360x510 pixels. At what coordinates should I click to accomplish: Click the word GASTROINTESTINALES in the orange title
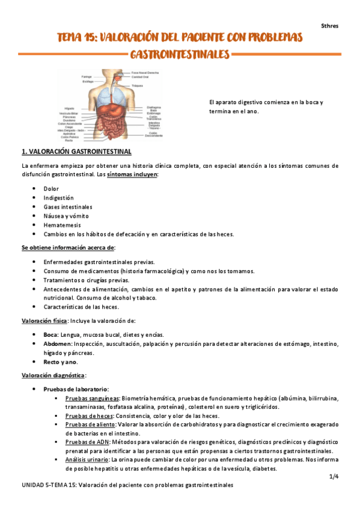[180, 55]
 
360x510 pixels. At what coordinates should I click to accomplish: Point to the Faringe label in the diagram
[87, 77]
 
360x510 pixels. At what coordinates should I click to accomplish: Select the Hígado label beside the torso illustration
[70, 108]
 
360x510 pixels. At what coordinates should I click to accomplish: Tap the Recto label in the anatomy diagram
[70, 140]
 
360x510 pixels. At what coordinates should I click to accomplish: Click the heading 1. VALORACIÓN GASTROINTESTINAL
[76, 152]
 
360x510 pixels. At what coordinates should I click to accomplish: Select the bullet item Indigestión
[58, 197]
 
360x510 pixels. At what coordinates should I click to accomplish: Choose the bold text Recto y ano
[60, 362]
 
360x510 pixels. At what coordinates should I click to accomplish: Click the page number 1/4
[334, 476]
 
